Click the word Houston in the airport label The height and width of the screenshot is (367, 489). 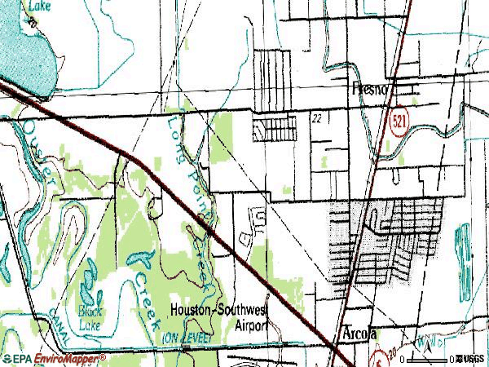(x=191, y=310)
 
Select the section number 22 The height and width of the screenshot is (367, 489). (x=316, y=118)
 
